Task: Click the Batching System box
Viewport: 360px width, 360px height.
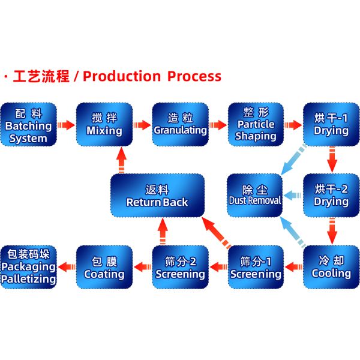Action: pos(28,125)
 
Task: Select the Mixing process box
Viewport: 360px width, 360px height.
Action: pos(104,125)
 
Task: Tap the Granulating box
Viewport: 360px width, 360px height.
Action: pos(180,125)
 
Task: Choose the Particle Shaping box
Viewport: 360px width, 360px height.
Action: pos(256,125)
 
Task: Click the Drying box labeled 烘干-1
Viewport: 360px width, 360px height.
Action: pos(331,125)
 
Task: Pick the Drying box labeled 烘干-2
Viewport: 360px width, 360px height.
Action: pos(331,196)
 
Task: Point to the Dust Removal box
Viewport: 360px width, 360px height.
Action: pos(255,196)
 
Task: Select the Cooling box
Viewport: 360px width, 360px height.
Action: pos(331,267)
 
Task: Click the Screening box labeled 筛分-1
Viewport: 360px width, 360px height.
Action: pos(256,267)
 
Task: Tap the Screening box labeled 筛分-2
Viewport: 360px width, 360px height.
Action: pos(180,267)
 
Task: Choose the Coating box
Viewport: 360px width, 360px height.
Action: pos(104,267)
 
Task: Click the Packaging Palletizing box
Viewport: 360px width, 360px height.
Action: pos(28,267)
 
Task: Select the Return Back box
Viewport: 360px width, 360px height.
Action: pos(157,196)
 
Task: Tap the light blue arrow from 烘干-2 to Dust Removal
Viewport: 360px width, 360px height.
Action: pos(293,196)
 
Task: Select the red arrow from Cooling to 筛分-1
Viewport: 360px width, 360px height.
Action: pos(293,263)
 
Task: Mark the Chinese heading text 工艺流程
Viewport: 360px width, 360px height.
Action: pos(41,77)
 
